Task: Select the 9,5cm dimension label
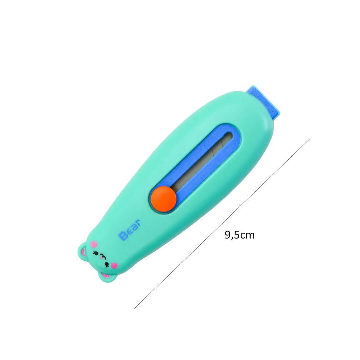coord(239,235)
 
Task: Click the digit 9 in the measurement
coord(228,235)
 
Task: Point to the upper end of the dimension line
coord(310,138)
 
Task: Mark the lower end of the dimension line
coord(134,309)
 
